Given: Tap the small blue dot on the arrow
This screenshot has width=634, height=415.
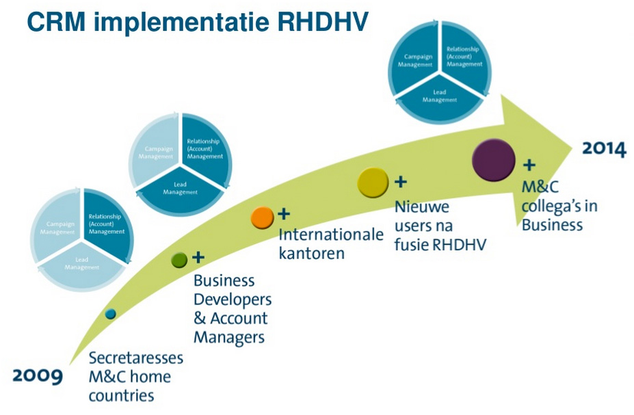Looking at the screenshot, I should tap(111, 314).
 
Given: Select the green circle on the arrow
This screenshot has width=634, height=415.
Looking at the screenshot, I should tap(179, 260).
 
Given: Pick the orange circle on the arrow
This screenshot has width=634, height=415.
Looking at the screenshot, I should tap(261, 217).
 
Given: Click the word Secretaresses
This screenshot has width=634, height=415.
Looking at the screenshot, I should tap(137, 359).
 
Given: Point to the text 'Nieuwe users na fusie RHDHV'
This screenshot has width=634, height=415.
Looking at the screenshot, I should tap(440, 225).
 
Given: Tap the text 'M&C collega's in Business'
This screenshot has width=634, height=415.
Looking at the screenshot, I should tap(553, 206).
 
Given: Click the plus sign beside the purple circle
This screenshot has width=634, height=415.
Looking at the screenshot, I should tap(529, 165).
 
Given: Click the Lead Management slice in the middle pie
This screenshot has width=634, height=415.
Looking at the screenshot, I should tap(181, 188).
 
